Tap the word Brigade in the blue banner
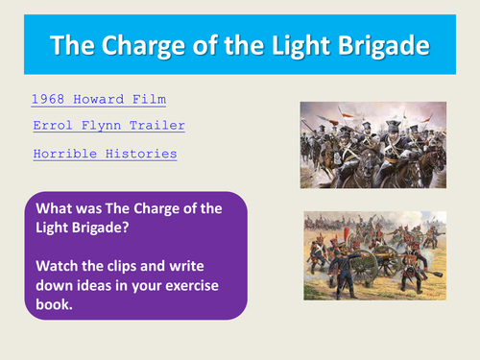click(379, 45)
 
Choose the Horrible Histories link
click(105, 153)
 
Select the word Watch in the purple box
click(57, 263)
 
